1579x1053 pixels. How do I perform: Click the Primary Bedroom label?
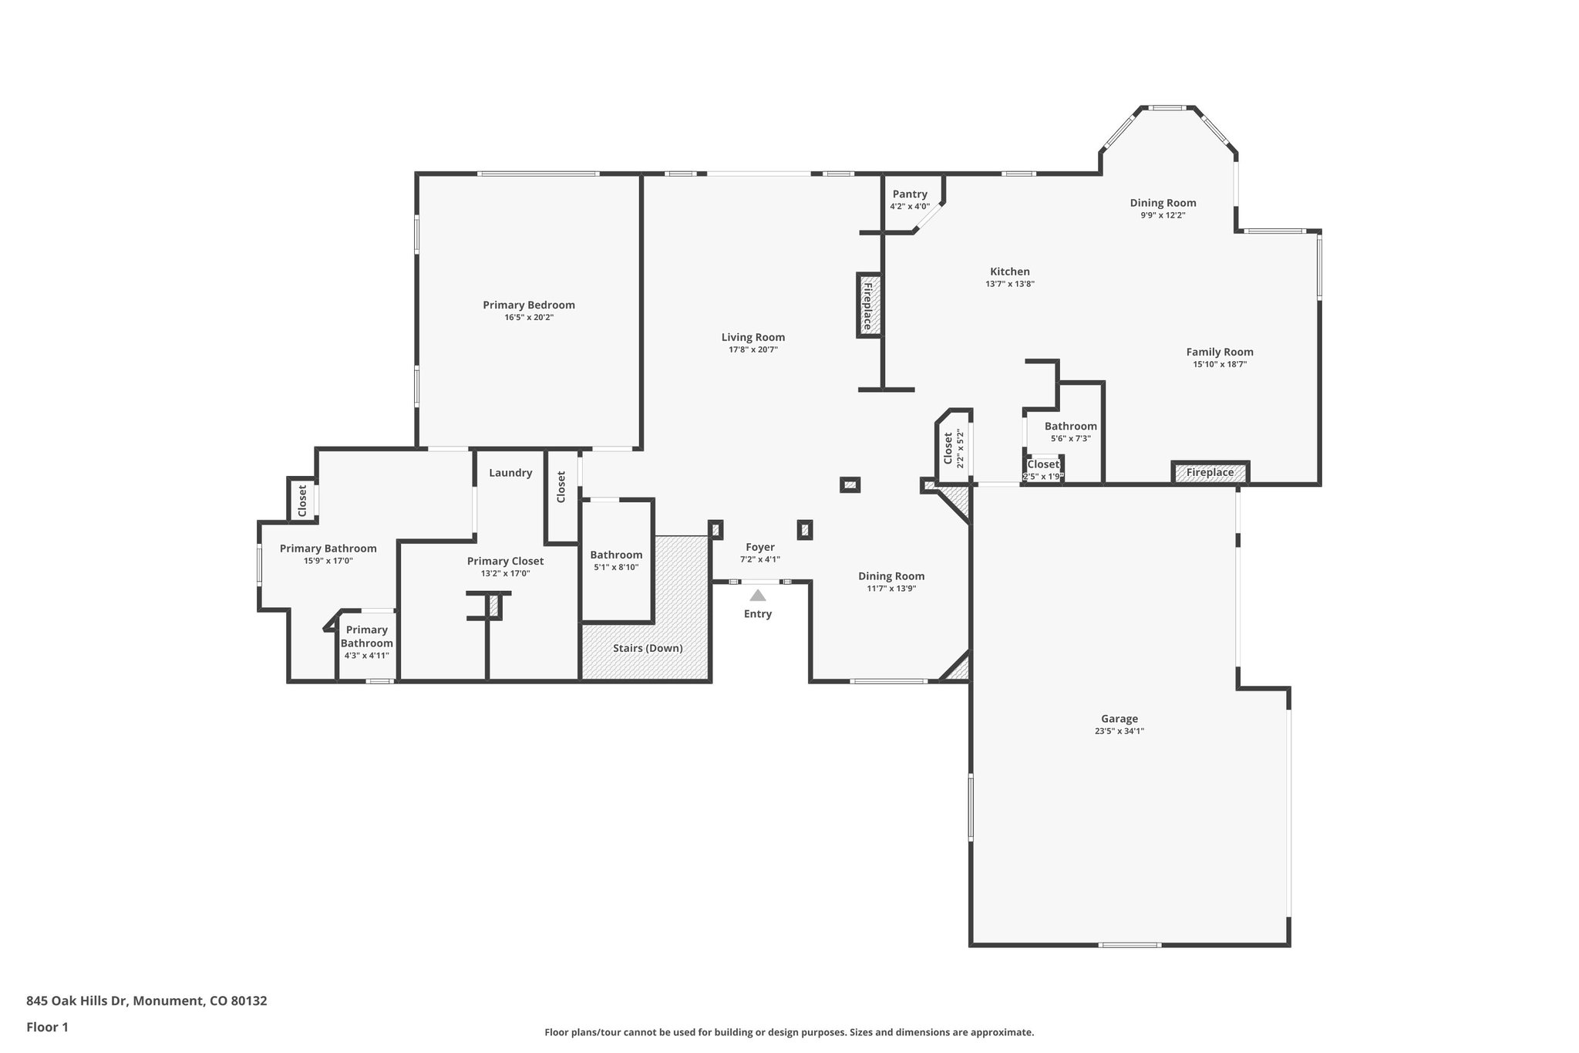coord(529,305)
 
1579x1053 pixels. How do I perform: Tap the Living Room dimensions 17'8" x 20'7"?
coord(753,349)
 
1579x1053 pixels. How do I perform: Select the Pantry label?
coord(910,194)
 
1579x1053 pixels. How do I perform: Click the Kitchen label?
coord(1009,272)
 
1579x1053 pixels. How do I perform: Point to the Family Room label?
coord(1219,352)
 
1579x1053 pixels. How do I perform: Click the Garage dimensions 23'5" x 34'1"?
coord(1119,731)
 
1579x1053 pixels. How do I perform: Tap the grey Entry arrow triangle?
coord(758,595)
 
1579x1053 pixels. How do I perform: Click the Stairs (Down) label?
coord(648,648)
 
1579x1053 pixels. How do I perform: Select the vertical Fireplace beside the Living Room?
coord(868,305)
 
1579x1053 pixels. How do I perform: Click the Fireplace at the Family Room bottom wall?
coord(1210,473)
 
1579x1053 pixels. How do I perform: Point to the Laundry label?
coord(510,473)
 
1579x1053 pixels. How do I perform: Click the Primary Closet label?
coord(505,561)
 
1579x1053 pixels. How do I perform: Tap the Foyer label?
coord(760,547)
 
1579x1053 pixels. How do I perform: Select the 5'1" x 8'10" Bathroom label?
coord(616,555)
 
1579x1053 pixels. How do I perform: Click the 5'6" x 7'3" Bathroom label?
coord(1070,426)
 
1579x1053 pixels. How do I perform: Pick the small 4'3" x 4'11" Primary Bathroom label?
coord(367,636)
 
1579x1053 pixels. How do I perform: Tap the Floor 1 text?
coord(47,1027)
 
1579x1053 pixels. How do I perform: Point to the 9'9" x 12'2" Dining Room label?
coord(1163,203)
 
